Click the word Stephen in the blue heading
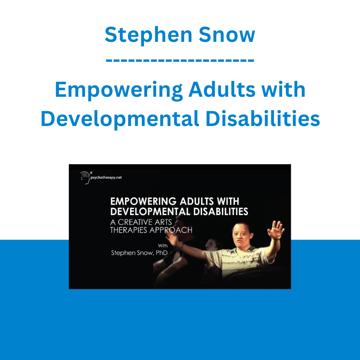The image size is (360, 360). (148, 36)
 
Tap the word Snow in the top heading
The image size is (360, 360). (227, 35)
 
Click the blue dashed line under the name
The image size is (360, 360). (180, 61)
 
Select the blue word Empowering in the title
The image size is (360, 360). (119, 90)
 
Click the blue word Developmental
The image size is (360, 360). (120, 119)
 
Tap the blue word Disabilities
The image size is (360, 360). (262, 118)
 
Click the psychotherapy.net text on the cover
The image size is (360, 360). (106, 177)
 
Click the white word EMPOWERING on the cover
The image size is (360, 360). (144, 201)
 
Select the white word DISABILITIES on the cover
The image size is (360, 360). (220, 211)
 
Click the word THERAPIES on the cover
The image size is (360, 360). (129, 230)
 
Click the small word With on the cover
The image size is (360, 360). (163, 246)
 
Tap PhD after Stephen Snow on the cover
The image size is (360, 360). (162, 253)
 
